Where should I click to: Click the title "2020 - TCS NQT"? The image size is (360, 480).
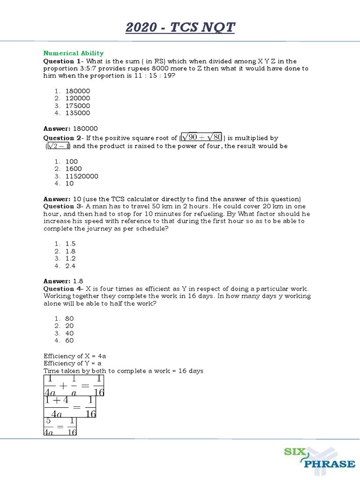coord(180,28)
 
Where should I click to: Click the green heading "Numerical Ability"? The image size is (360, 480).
coord(74,53)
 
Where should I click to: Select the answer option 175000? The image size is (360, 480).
coord(78,105)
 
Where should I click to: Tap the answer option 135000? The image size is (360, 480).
coord(78,113)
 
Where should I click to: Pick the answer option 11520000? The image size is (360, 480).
coord(82,176)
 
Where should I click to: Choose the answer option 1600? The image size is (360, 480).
coord(74,169)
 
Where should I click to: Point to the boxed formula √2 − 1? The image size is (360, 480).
coord(59,146)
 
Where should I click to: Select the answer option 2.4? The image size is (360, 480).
coord(70,266)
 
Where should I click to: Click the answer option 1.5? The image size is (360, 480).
coord(70,244)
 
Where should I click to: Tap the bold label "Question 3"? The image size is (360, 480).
coord(62,206)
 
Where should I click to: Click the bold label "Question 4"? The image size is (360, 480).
coord(62,289)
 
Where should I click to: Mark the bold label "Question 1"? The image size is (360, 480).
coord(62,61)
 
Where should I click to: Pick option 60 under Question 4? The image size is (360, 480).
coord(69,341)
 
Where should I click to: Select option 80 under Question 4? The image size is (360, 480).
coord(69,318)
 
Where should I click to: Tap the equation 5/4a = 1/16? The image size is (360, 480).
coord(60,426)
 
